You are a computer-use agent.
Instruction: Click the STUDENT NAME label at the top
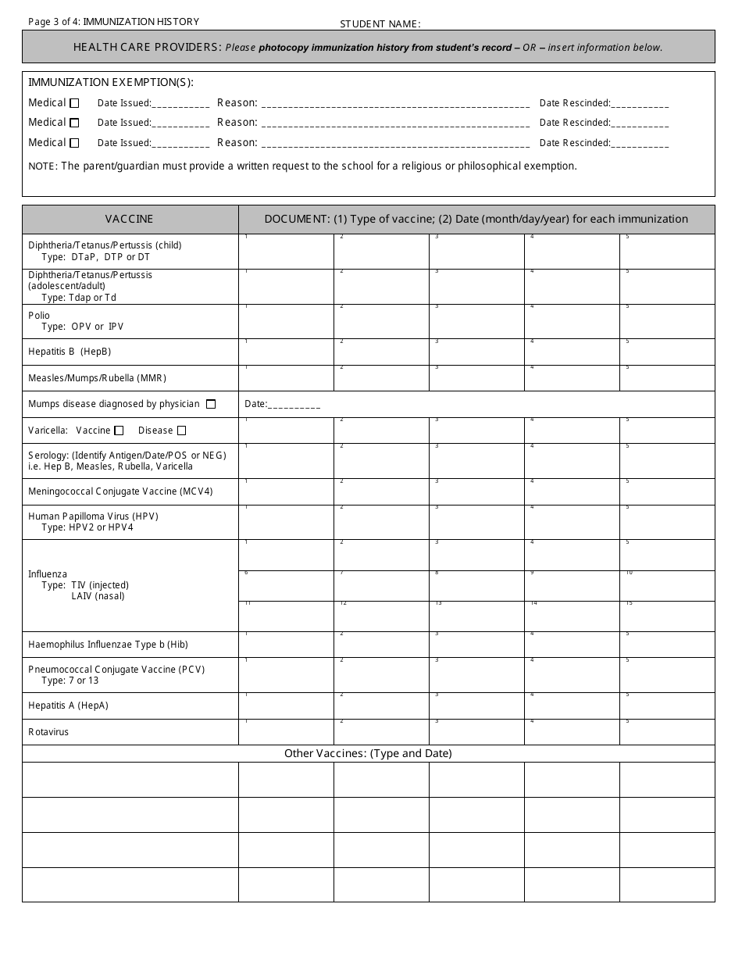[x=380, y=24]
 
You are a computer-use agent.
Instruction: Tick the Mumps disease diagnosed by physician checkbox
[x=211, y=404]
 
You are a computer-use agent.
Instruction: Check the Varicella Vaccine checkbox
[x=119, y=430]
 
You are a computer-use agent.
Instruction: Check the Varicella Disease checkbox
[x=181, y=430]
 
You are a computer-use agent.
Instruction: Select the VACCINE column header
[x=130, y=220]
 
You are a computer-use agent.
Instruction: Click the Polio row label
[x=39, y=316]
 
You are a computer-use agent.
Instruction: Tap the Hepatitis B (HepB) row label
[x=70, y=352]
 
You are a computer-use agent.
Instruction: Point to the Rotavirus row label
[x=48, y=732]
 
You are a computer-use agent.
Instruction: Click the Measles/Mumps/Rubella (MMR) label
[x=97, y=378]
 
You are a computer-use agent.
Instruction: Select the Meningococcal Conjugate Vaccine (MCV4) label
[x=120, y=491]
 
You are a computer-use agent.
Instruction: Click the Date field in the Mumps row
[x=282, y=405]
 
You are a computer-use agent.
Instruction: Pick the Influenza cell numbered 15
[x=667, y=616]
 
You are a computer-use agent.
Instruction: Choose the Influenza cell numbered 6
[x=286, y=586]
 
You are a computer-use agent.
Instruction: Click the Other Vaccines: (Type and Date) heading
[x=368, y=754]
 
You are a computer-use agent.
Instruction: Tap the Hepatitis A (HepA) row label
[x=68, y=706]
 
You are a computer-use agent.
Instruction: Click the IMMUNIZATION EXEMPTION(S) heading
[x=111, y=83]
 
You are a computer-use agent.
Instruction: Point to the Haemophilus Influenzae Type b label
[x=108, y=645]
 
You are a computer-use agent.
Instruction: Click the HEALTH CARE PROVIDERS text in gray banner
[x=148, y=48]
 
